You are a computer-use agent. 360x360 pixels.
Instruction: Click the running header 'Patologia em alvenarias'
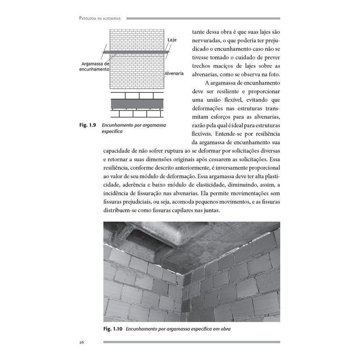pyautogui.click(x=101, y=18)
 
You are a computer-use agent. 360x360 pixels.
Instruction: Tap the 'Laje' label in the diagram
pyautogui.click(x=172, y=40)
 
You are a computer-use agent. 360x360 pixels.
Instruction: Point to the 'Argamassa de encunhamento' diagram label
pyautogui.click(x=94, y=67)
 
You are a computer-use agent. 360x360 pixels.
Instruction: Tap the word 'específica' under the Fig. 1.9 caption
pyautogui.click(x=112, y=132)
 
